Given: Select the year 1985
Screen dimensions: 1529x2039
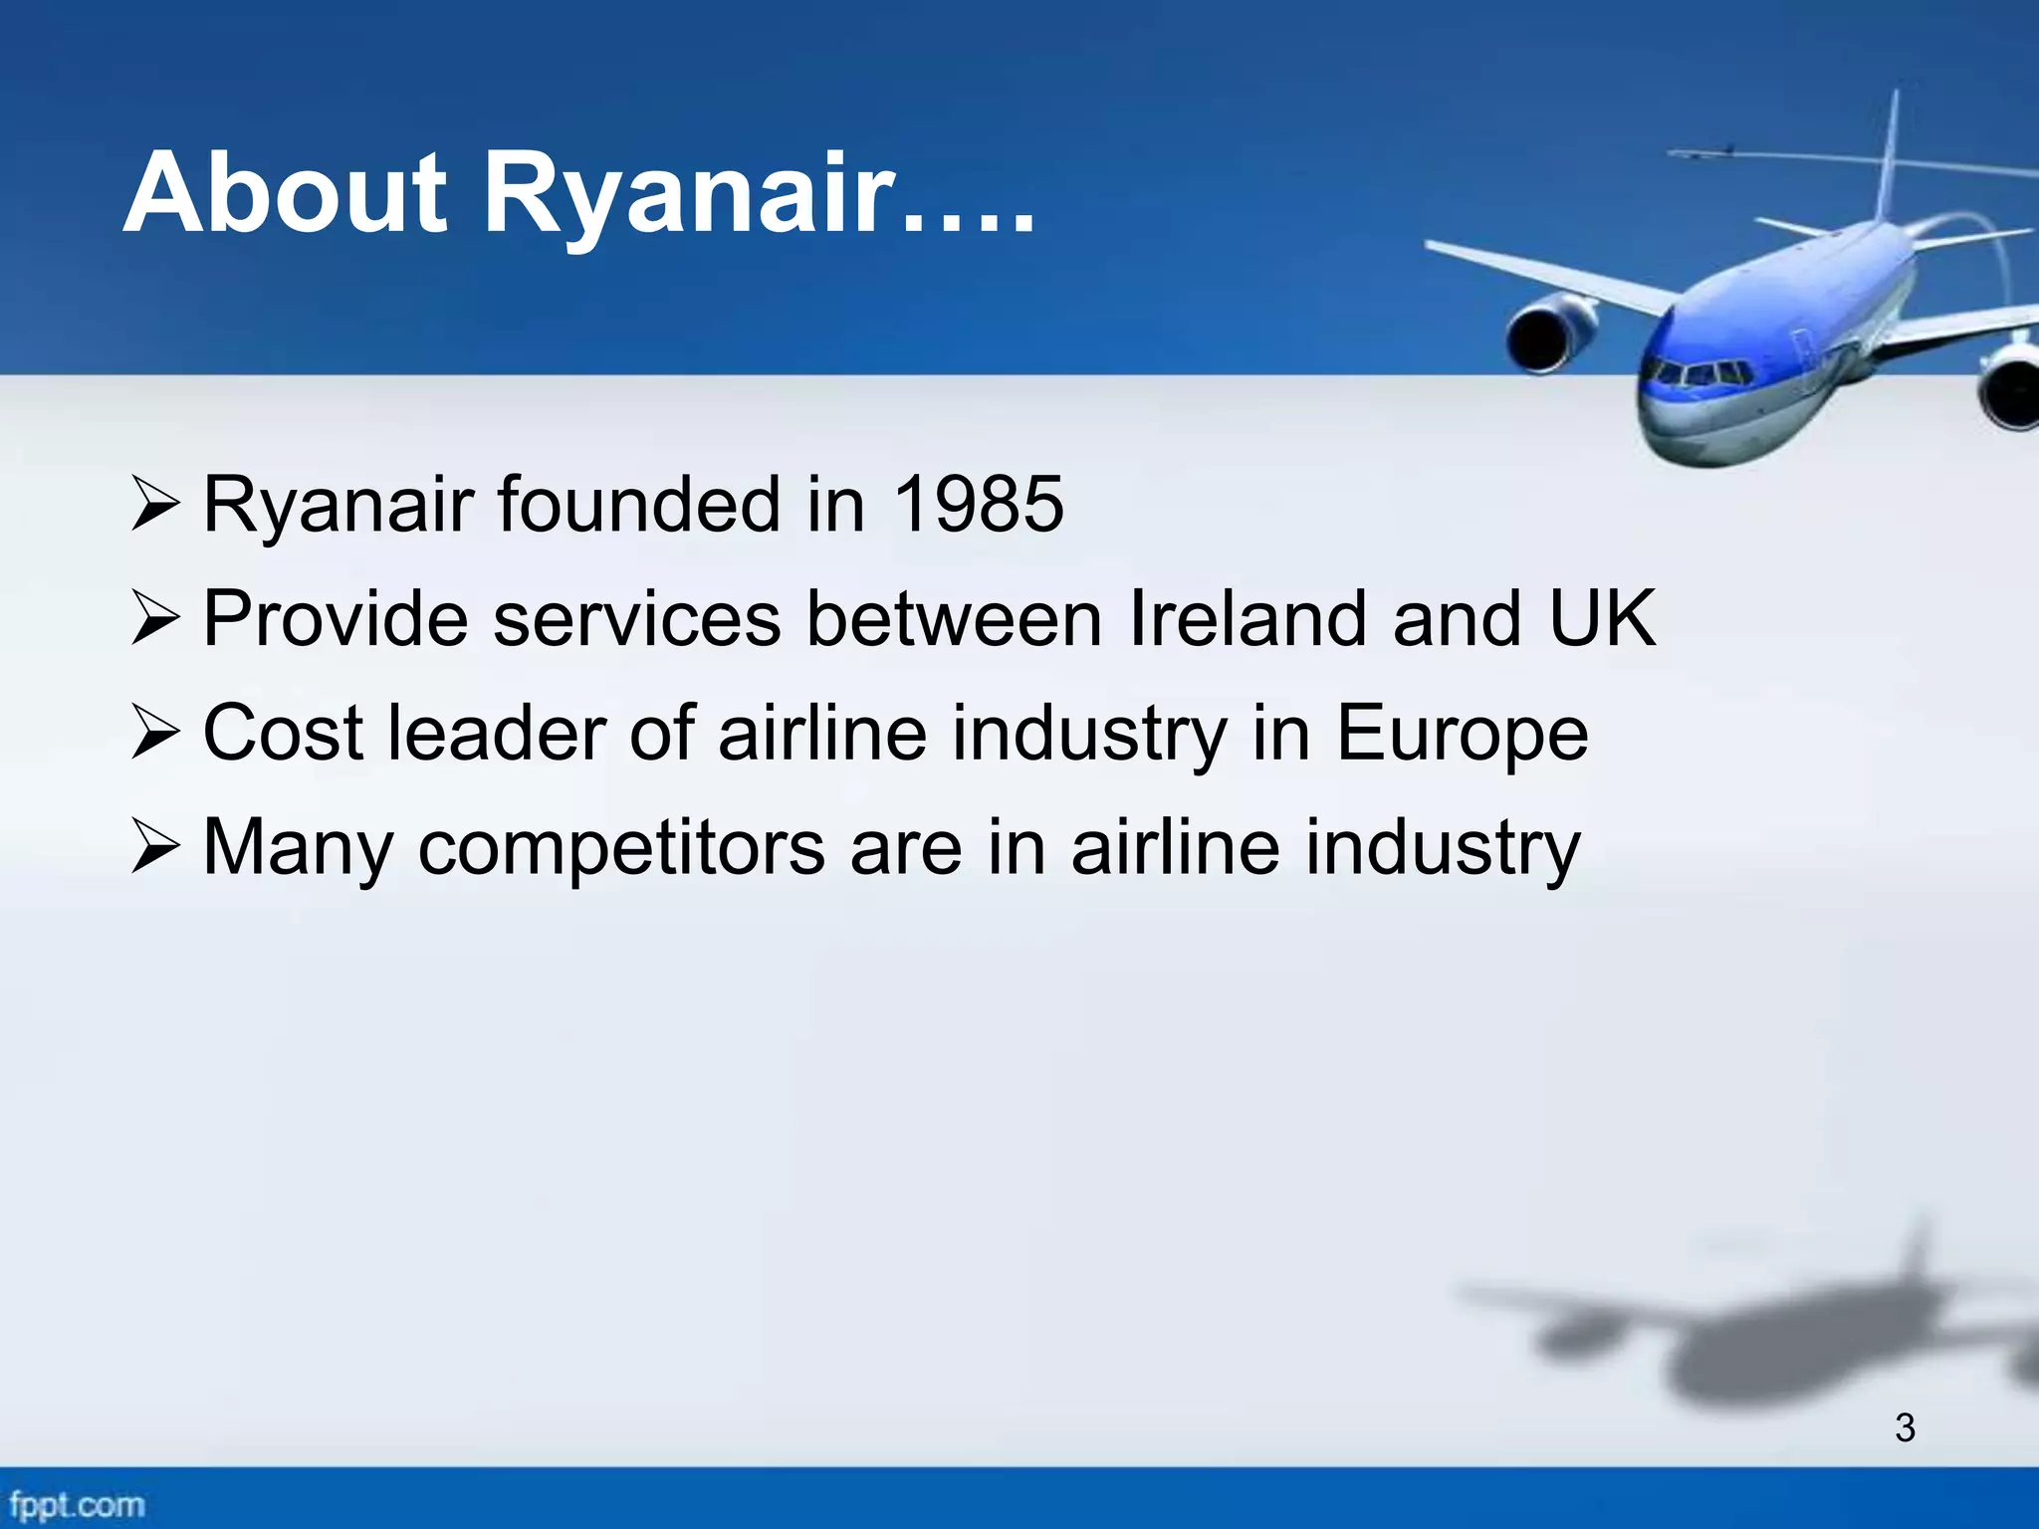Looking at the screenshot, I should (x=979, y=504).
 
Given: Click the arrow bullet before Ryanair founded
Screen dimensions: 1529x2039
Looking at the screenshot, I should (x=155, y=504).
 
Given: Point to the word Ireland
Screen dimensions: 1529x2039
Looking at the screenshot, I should (x=1248, y=618).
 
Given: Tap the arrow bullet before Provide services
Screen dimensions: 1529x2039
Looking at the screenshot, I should (x=155, y=619).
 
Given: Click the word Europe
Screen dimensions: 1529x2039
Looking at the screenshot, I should (x=1461, y=733).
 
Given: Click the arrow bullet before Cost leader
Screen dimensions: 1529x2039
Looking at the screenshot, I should (x=155, y=735).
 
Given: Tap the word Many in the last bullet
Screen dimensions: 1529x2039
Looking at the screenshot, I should (x=298, y=848).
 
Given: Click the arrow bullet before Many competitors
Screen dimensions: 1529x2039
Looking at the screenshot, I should (x=155, y=849).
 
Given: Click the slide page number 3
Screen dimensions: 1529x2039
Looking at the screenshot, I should (x=1905, y=1428).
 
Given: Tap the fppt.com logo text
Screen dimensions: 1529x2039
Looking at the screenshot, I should (x=76, y=1504).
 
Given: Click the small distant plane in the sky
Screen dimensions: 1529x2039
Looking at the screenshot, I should (x=1705, y=153).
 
